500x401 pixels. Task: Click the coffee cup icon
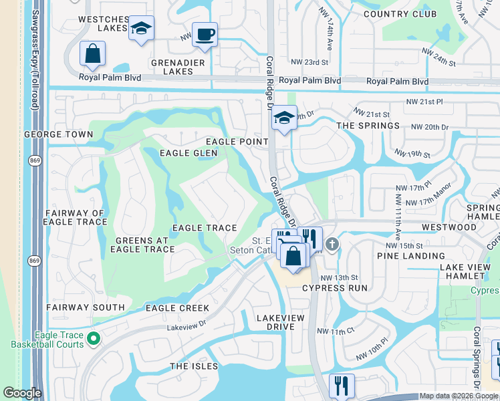(x=205, y=33)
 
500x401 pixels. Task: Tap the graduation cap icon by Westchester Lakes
(x=140, y=29)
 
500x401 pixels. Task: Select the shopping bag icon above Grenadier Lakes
(x=92, y=53)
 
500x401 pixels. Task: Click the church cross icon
(x=333, y=244)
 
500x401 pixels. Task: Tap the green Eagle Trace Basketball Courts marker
(x=94, y=339)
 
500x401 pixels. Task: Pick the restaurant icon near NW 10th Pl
(x=342, y=385)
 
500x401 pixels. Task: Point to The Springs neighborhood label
(x=368, y=126)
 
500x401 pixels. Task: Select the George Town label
(x=58, y=134)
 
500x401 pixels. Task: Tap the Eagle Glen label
(x=189, y=153)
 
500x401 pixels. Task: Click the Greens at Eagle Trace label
(x=145, y=245)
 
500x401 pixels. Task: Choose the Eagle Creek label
(x=177, y=308)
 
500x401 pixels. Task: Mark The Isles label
(x=194, y=366)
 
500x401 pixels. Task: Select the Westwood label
(x=449, y=227)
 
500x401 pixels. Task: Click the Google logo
(x=22, y=393)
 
